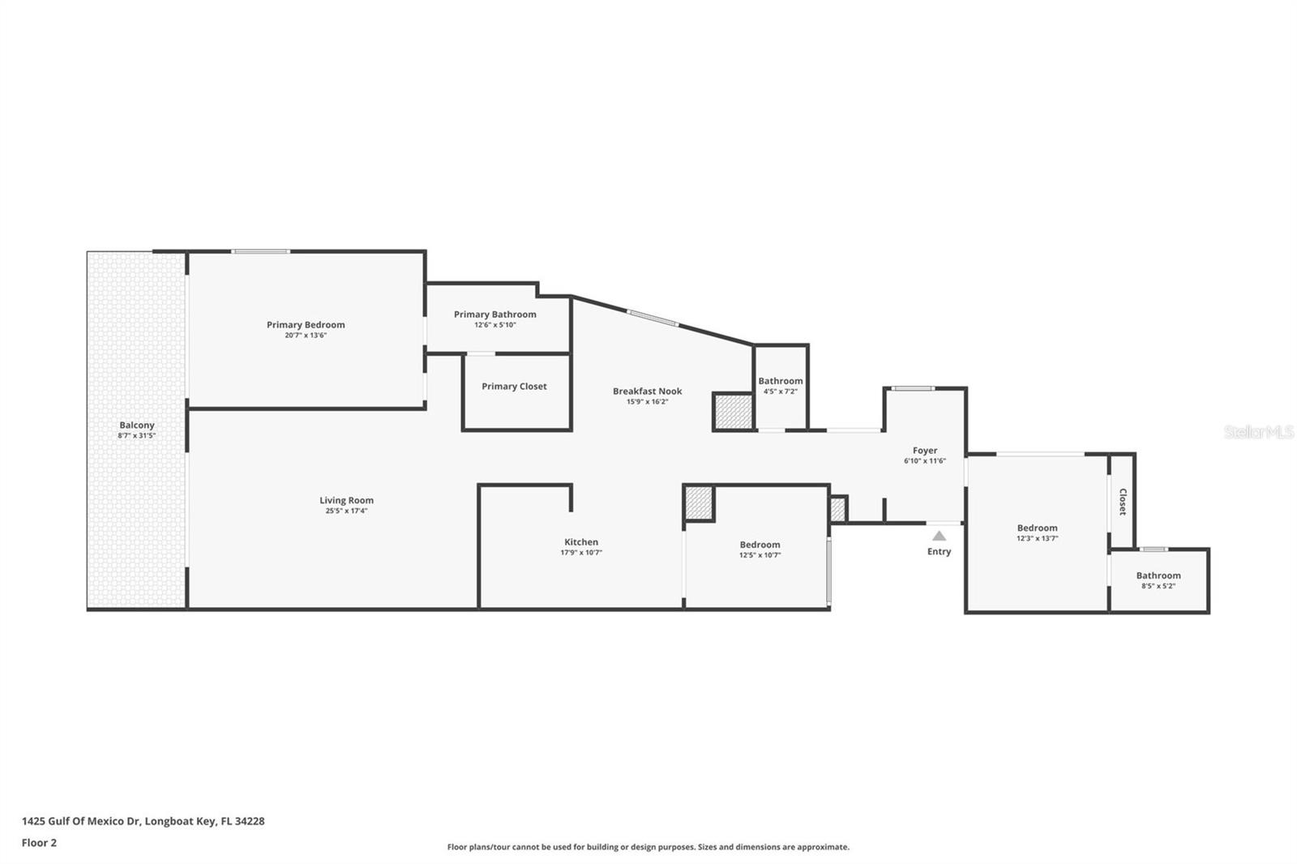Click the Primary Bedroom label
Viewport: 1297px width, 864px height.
tap(306, 325)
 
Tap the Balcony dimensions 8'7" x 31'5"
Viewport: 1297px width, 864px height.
tap(136, 436)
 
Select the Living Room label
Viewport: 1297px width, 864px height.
tap(346, 501)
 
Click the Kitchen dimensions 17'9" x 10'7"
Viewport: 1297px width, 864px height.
tap(581, 553)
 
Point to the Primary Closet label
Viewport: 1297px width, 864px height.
tap(514, 387)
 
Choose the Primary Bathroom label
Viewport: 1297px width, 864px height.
tap(494, 314)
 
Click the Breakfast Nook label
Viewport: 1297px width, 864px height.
tap(647, 391)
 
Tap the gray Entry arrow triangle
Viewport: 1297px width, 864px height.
tap(939, 536)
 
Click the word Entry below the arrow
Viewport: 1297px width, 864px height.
tap(939, 552)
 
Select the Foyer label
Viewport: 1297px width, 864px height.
tap(924, 451)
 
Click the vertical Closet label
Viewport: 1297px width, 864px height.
tap(1123, 502)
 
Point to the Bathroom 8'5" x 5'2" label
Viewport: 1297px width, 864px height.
tap(1158, 575)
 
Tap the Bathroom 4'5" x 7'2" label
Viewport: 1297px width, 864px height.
tap(781, 381)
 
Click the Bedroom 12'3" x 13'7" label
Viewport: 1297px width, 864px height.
tap(1037, 528)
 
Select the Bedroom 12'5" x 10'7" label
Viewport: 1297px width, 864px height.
tap(760, 545)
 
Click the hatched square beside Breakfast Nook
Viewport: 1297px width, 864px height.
tap(734, 412)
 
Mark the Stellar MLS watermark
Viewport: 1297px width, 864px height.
tap(1258, 432)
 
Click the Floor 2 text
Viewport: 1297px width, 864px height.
tap(39, 843)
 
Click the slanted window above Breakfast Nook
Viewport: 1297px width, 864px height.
tap(653, 319)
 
